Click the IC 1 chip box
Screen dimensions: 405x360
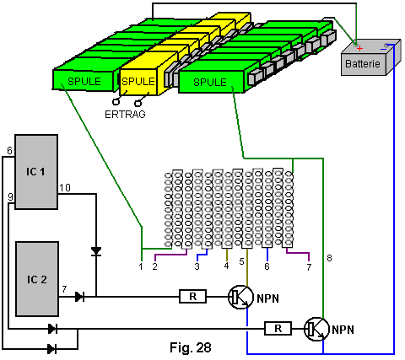click(x=36, y=172)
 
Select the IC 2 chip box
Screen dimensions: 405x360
click(x=37, y=279)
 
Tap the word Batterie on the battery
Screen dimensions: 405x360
click(x=363, y=64)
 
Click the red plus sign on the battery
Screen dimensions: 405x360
click(x=359, y=49)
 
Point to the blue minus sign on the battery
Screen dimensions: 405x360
click(x=383, y=49)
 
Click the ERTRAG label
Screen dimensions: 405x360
click(x=125, y=115)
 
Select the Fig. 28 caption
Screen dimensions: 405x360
click(x=191, y=347)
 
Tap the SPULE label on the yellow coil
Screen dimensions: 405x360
click(x=138, y=82)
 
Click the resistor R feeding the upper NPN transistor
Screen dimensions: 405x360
click(x=193, y=297)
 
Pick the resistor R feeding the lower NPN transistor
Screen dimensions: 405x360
click(x=278, y=328)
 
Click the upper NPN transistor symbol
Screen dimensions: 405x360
click(x=240, y=298)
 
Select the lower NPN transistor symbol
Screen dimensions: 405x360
click(x=316, y=329)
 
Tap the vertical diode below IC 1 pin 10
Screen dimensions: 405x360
click(x=96, y=251)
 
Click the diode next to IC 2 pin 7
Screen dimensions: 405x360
click(x=80, y=297)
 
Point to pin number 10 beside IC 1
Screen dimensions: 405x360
click(x=65, y=187)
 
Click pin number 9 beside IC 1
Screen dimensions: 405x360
click(x=10, y=197)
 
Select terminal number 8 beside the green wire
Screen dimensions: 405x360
click(x=329, y=258)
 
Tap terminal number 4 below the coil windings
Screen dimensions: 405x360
click(x=227, y=266)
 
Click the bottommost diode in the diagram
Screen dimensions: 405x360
click(x=52, y=349)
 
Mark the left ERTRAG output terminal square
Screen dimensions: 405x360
click(x=116, y=101)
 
